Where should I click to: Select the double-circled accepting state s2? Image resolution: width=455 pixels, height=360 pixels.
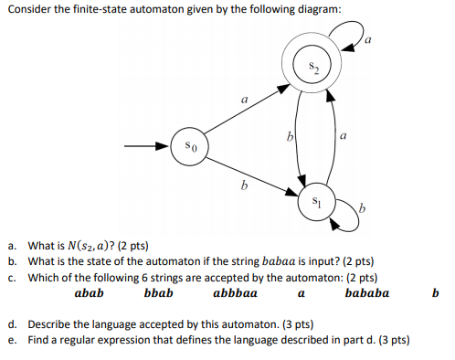[312, 65]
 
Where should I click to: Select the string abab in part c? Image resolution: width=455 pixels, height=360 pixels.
[89, 294]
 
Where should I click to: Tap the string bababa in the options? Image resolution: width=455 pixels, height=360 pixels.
[366, 294]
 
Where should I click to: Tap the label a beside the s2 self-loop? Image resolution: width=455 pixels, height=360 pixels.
[369, 40]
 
